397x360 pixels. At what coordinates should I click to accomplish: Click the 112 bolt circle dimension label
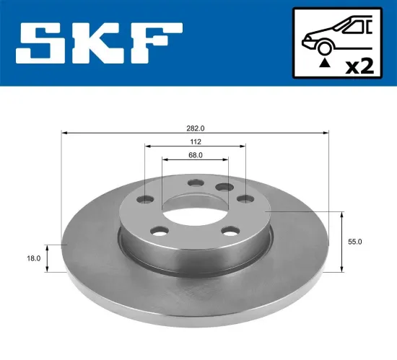coord(195,141)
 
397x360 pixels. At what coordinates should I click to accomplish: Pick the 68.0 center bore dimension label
coord(195,154)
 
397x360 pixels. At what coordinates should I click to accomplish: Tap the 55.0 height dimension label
coord(354,243)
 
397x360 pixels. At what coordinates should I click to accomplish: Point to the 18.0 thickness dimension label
coord(32,257)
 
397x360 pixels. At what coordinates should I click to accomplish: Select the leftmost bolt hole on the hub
coord(148,199)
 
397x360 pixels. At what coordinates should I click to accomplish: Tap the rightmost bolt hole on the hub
coord(244,198)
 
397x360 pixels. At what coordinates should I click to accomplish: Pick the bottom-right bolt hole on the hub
coord(230,231)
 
